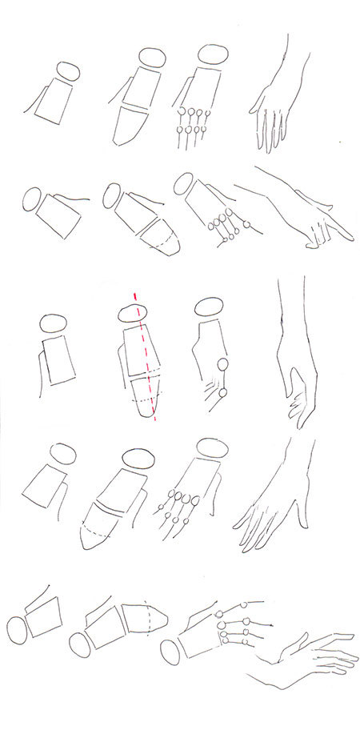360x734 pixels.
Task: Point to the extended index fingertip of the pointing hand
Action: pos(350,236)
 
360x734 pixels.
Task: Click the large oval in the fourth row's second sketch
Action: pos(137,461)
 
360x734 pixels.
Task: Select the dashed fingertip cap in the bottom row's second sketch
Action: pos(155,616)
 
